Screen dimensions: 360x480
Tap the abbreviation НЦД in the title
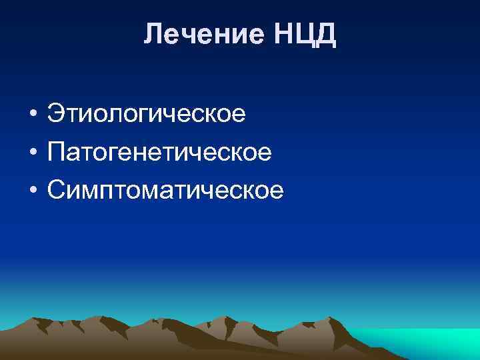pyautogui.click(x=303, y=34)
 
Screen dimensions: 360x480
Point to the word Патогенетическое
pyautogui.click(x=159, y=153)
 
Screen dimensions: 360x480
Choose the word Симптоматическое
pyautogui.click(x=165, y=191)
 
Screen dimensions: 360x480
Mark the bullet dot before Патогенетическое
pyautogui.click(x=32, y=153)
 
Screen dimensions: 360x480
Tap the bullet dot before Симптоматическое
pyautogui.click(x=32, y=191)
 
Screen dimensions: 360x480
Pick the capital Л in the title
pyautogui.click(x=153, y=34)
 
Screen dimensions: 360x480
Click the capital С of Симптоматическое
pyautogui.click(x=57, y=191)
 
